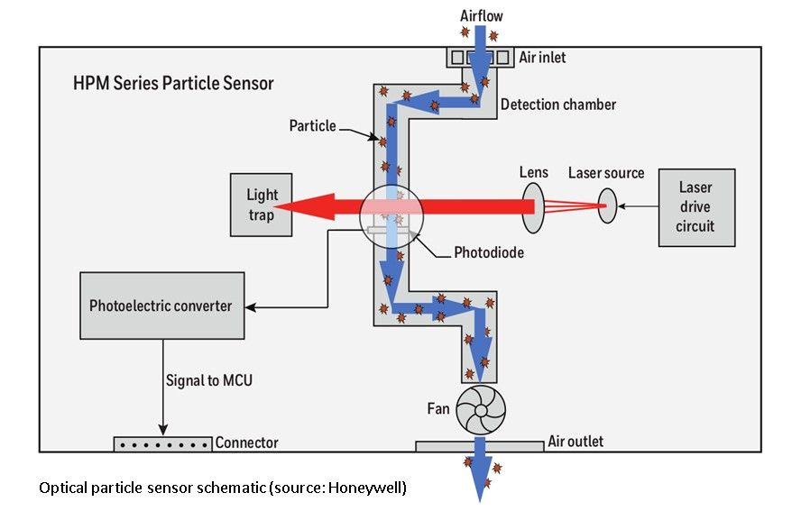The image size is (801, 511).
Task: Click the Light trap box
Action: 262,205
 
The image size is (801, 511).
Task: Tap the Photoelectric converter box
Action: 161,306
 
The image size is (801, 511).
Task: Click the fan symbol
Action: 480,411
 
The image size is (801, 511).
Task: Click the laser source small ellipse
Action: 606,207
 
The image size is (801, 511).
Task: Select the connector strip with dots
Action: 162,443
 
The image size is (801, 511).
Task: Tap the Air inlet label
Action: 543,58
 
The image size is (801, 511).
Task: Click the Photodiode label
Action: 489,252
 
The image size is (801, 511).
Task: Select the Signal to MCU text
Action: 208,379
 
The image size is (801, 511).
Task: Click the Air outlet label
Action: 575,442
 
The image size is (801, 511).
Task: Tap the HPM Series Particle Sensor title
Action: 173,84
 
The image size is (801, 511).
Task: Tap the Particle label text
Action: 313,125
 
